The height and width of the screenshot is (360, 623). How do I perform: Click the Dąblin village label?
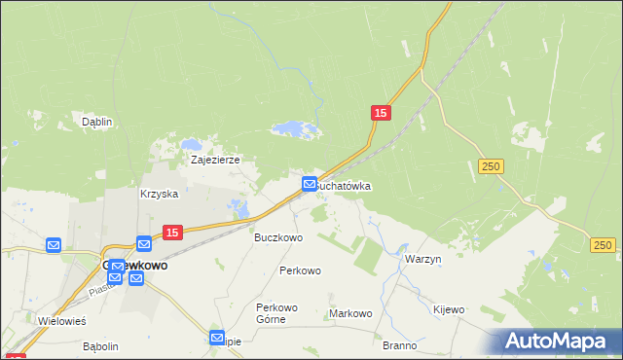point(96,123)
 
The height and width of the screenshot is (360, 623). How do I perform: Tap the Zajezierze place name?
point(215,160)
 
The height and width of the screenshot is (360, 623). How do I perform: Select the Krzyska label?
point(159,194)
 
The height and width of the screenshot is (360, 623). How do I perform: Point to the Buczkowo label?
point(278,236)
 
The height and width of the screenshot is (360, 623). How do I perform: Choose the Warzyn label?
point(422,260)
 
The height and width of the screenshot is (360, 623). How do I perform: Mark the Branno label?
point(399,345)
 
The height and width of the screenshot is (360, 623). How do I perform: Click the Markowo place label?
point(350,313)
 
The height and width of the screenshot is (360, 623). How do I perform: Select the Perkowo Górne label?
point(276,312)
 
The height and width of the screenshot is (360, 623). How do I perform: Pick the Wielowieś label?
point(61,320)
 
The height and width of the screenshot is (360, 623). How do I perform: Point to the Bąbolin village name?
point(100,345)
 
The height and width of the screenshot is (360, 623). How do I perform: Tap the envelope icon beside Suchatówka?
point(309,183)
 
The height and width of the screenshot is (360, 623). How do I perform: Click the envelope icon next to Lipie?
point(217,338)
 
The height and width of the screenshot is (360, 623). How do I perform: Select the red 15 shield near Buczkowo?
point(171,233)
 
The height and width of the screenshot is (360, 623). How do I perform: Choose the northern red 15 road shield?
point(381,114)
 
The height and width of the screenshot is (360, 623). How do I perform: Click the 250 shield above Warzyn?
point(491,167)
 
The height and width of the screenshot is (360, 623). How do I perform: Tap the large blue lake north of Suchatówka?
point(293,128)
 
